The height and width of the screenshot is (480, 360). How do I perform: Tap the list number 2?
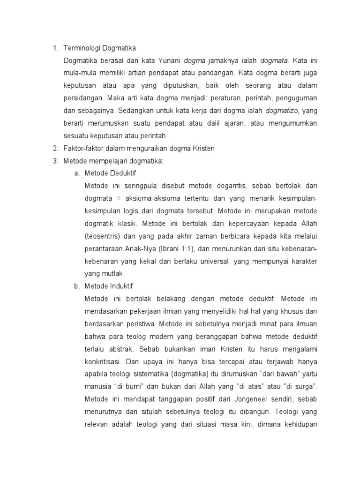[x=54, y=149]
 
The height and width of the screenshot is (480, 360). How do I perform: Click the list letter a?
[x=76, y=174]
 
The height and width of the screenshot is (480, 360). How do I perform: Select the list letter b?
[x=76, y=286]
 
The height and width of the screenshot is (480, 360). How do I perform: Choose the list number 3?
[x=54, y=161]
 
